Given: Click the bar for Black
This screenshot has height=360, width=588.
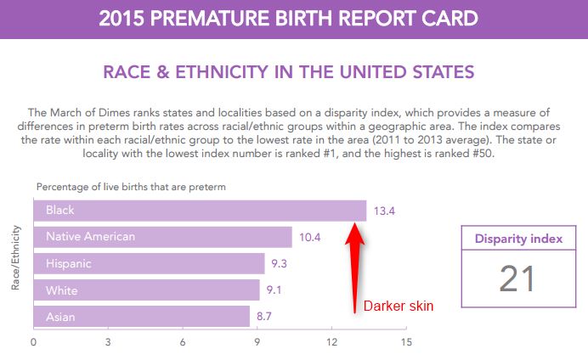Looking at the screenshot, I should point(200,211).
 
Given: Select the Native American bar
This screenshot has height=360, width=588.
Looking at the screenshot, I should point(162,237).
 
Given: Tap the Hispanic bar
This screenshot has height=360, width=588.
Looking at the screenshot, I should point(149,264).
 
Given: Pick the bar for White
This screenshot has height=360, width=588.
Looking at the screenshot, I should point(146,290).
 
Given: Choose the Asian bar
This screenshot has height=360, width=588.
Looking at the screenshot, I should point(141,317).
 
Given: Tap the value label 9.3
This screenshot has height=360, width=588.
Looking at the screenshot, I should point(280,264).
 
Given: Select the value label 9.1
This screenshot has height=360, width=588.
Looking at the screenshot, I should point(274,290).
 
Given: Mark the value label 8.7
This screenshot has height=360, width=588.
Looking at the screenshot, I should point(264,317).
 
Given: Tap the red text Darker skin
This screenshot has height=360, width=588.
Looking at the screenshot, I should point(393,305).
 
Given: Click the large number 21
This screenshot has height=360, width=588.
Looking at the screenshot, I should point(517,279).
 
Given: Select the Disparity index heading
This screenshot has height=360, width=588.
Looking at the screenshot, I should point(518,239).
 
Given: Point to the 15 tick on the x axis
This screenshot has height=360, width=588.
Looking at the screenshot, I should point(406,343).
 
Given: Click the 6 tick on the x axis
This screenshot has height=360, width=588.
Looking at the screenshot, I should point(183,343).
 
